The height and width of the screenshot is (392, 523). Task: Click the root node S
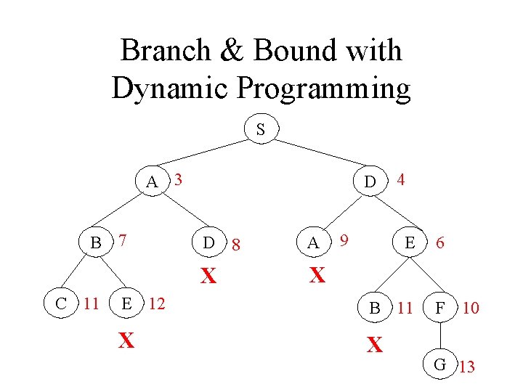coord(260,130)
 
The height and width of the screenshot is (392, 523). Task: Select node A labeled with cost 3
coord(152,181)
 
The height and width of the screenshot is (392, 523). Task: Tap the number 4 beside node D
coord(402,178)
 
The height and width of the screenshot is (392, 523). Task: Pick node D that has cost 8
coord(208,243)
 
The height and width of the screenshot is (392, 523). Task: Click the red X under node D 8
coord(209,277)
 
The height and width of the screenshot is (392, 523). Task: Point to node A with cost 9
coord(313,243)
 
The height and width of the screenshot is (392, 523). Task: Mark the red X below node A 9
coord(317,275)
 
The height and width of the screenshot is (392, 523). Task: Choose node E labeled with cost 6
coord(410,244)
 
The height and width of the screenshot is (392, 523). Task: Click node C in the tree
coord(60,303)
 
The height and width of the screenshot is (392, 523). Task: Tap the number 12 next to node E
coord(157,303)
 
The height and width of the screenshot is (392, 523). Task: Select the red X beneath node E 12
coord(126,340)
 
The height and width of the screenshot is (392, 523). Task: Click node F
coord(439,308)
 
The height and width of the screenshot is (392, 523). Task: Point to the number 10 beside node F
coord(470,309)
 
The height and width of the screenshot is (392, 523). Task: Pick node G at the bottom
coord(439,364)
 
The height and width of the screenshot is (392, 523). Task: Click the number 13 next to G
coord(466,367)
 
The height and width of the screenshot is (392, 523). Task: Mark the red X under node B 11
coord(374,346)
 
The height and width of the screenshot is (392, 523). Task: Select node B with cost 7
coord(95,242)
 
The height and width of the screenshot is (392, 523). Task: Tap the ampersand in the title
coord(237,51)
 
